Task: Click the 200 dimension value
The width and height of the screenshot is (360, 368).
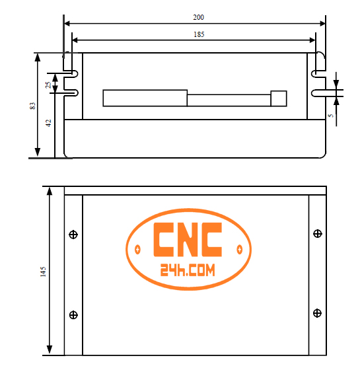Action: (x=198, y=17)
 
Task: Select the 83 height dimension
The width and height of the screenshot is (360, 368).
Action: (x=32, y=105)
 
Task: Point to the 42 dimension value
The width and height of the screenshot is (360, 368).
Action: (x=48, y=124)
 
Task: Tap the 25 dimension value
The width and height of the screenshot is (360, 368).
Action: (x=48, y=85)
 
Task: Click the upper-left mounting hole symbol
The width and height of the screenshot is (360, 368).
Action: (x=73, y=235)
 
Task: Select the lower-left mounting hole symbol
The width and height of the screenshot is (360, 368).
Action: (x=73, y=314)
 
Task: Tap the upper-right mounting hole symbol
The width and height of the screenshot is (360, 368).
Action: (x=318, y=234)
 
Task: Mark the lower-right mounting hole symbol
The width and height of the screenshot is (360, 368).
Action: (x=318, y=313)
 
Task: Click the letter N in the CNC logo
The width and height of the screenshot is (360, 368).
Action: (x=187, y=240)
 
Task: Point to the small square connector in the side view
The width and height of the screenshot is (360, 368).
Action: (x=279, y=97)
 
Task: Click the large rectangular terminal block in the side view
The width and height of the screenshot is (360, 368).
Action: (x=145, y=97)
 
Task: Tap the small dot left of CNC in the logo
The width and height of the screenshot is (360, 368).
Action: (x=137, y=249)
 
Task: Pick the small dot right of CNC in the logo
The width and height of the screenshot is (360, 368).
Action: (x=238, y=249)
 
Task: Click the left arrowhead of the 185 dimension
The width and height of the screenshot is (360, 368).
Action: (x=74, y=40)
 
